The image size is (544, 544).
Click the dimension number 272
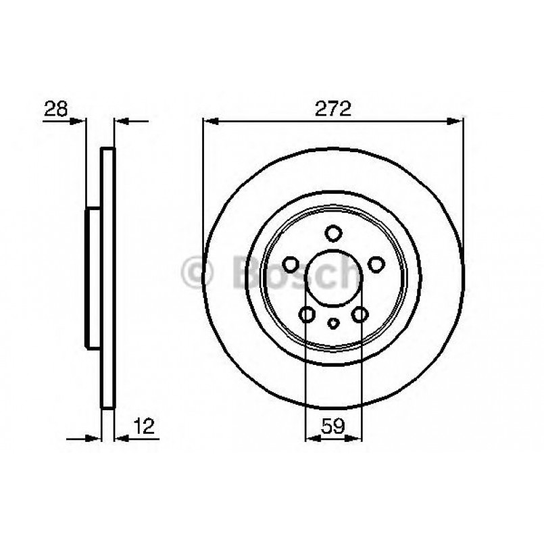coord(332,109)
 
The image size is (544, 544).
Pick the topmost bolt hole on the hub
coord(332,233)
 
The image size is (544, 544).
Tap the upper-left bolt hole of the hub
coord(291,264)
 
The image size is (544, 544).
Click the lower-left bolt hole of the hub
coord(307,314)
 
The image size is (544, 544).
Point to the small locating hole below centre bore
coord(332,323)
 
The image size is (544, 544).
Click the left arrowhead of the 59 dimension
coord(312,438)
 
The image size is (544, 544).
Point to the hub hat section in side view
coord(93,278)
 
